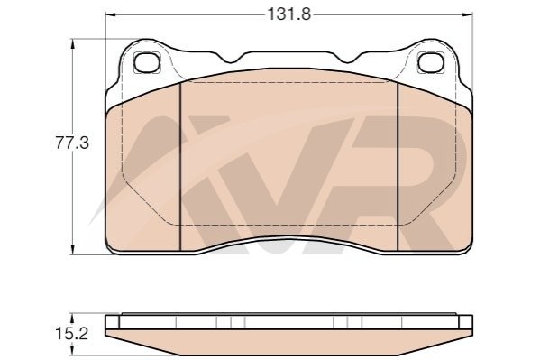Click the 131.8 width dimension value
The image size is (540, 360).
click(289, 14)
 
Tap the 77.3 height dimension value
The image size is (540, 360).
click(72, 143)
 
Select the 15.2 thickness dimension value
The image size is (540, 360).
click(71, 334)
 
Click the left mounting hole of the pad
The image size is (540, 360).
click(147, 62)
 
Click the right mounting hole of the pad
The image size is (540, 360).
click(431, 62)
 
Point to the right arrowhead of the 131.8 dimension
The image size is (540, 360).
click(468, 14)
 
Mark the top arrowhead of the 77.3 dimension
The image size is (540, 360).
click(72, 44)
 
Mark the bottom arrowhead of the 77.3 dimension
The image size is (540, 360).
click(72, 250)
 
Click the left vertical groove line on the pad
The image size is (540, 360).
click(180, 166)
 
